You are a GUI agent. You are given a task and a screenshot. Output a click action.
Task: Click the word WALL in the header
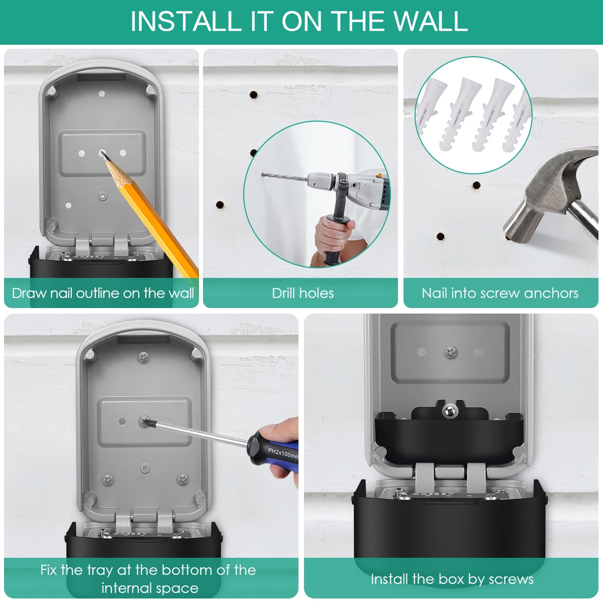(430, 21)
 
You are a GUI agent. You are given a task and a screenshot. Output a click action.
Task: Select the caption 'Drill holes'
(303, 293)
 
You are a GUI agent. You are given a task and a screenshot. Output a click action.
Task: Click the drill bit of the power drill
(284, 177)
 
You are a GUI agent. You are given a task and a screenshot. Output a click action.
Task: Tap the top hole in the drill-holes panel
(253, 95)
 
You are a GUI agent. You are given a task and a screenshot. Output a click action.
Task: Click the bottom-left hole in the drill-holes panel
(220, 205)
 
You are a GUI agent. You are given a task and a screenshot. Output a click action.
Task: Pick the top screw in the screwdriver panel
(143, 356)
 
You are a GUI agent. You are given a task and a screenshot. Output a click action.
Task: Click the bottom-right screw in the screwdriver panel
(182, 479)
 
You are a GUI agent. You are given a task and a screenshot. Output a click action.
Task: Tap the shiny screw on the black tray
(450, 410)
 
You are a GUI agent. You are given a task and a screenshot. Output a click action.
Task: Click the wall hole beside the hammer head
(476, 185)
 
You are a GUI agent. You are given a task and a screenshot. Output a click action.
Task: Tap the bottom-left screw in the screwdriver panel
(108, 479)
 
